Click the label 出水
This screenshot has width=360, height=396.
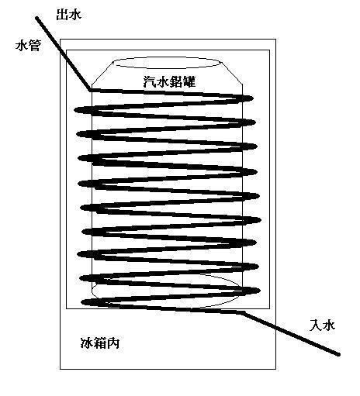(x=68, y=15)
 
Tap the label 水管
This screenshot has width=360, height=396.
(x=28, y=46)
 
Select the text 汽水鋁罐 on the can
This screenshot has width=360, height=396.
(x=169, y=81)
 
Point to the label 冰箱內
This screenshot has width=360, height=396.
(x=100, y=343)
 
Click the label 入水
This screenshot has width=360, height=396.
(x=322, y=325)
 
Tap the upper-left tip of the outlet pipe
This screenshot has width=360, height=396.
(x=37, y=18)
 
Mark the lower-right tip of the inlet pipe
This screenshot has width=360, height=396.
(x=338, y=355)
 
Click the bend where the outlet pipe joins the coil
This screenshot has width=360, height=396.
(x=91, y=90)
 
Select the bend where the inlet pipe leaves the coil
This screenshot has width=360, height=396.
(x=242, y=313)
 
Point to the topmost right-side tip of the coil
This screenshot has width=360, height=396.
(x=253, y=98)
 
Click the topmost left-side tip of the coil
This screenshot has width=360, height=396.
(x=74, y=110)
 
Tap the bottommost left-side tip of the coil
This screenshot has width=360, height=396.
(x=82, y=302)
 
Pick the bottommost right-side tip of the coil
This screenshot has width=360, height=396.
(x=259, y=291)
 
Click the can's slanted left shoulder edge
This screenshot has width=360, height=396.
(x=102, y=73)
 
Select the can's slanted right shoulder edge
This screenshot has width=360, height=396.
(x=232, y=73)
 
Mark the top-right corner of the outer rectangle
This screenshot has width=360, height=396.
(x=275, y=40)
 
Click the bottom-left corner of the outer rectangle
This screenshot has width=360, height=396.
(x=61, y=369)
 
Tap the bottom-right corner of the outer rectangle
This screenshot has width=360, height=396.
(x=275, y=369)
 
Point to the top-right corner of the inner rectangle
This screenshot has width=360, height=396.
(x=270, y=50)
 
